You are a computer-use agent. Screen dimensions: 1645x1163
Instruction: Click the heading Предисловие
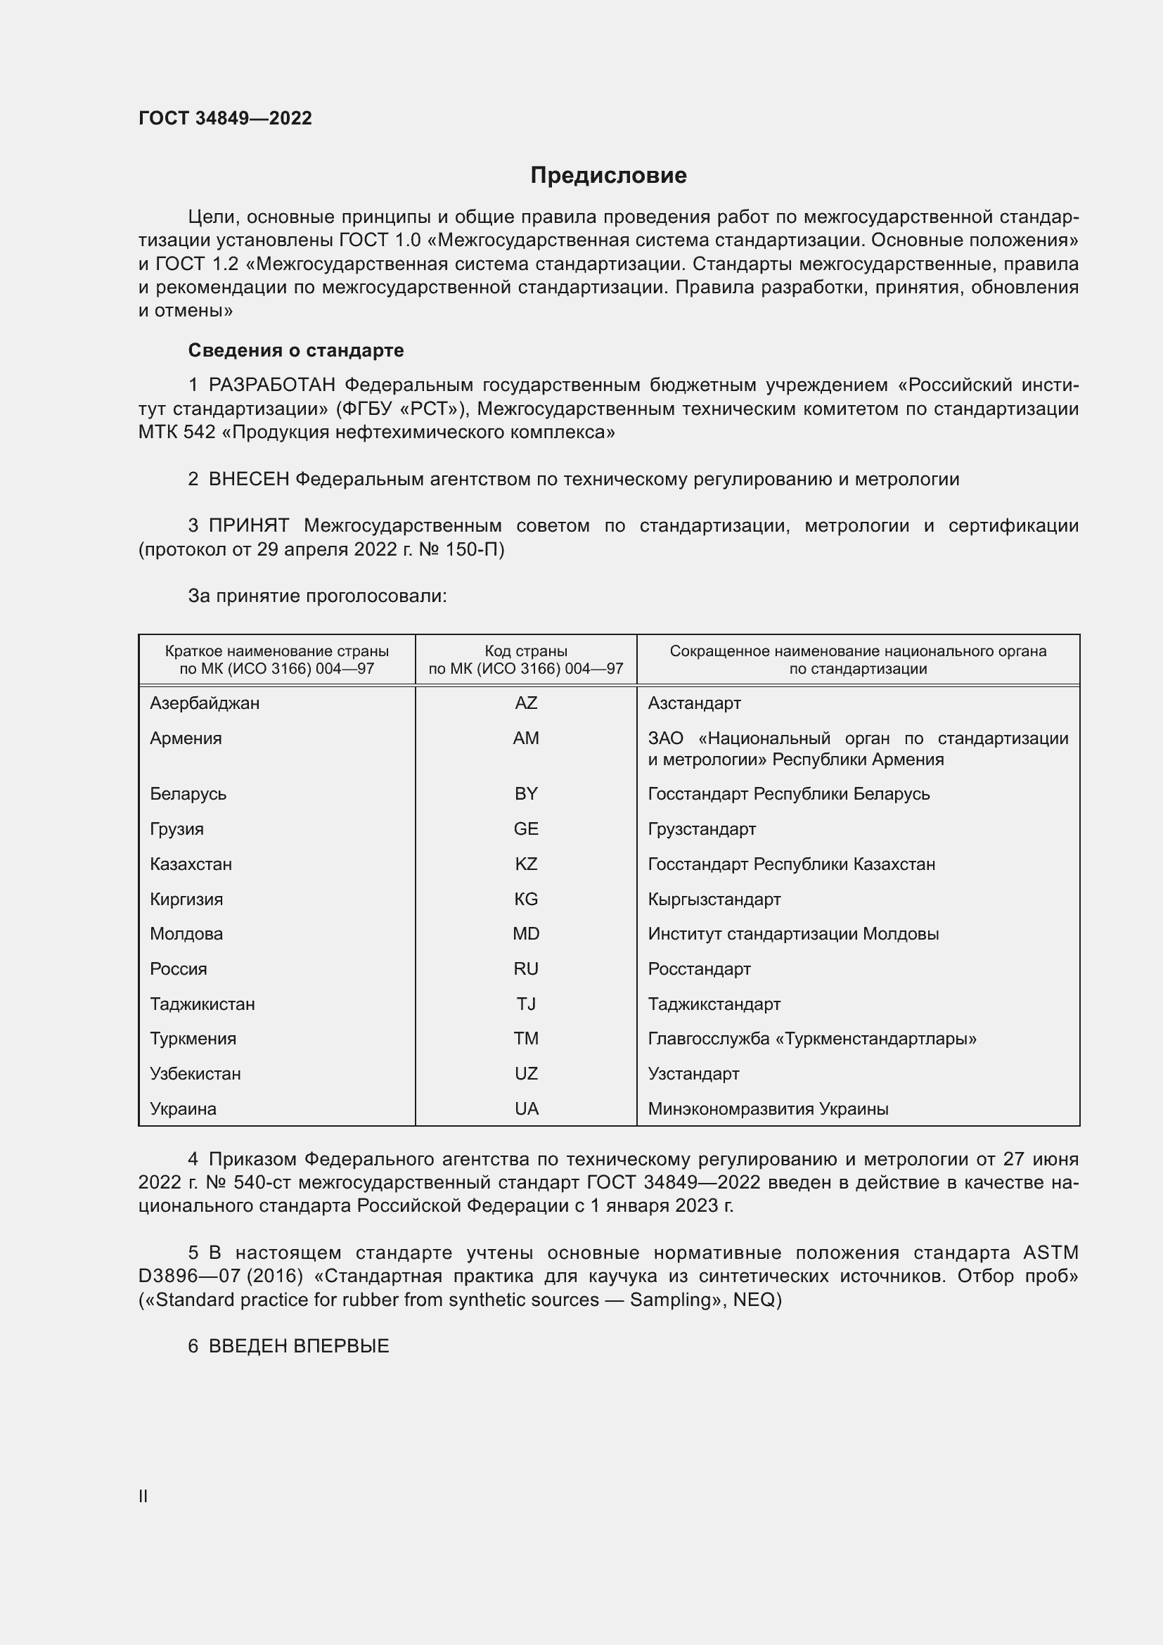(x=608, y=176)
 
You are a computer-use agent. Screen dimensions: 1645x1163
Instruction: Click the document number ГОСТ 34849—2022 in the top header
(x=225, y=118)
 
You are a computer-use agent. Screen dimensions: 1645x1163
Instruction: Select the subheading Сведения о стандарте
(x=296, y=350)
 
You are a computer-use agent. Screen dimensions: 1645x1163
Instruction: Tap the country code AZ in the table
(x=526, y=703)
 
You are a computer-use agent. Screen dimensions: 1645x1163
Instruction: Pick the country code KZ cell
(x=526, y=864)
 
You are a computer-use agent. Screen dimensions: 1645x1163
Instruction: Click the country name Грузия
(x=177, y=829)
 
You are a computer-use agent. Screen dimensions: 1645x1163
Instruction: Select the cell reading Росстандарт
(x=699, y=968)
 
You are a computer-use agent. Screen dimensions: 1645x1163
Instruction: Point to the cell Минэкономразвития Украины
(x=768, y=1108)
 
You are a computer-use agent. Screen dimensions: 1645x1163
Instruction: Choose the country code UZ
(x=526, y=1073)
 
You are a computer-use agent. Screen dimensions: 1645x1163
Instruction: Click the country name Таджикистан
(x=202, y=1004)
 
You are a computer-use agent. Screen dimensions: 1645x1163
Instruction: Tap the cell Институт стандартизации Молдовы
(x=792, y=933)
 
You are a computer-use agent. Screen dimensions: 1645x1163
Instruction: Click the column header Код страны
(x=526, y=651)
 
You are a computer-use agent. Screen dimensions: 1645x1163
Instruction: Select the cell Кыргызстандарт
(x=714, y=900)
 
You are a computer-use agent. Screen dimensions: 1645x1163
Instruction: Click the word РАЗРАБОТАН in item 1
(x=271, y=385)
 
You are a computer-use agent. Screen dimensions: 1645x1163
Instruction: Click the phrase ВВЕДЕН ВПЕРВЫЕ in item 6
(x=299, y=1346)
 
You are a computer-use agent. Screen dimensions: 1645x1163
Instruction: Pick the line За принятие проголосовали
(x=317, y=596)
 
